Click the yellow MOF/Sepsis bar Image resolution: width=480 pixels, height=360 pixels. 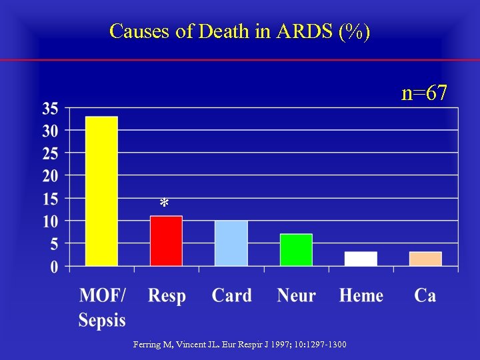(x=101, y=191)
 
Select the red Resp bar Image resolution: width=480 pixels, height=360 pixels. (x=166, y=241)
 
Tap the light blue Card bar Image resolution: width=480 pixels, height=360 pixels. (x=231, y=243)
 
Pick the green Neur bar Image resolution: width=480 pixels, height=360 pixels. (x=296, y=250)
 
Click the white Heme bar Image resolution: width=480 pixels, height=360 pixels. (x=361, y=259)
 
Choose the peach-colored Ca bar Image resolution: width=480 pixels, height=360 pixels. (x=425, y=259)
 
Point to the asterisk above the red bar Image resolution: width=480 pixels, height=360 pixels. (x=164, y=204)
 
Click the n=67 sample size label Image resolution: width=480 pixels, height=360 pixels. (x=424, y=93)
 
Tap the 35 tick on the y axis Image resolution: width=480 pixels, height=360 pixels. (x=51, y=108)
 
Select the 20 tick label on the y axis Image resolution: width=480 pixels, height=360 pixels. (x=51, y=176)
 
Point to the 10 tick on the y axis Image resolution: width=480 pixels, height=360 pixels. (x=51, y=221)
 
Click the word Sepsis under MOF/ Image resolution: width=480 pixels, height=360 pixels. (x=102, y=320)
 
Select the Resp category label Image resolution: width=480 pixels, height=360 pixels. (x=167, y=295)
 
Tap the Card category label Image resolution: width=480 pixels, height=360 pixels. (x=231, y=295)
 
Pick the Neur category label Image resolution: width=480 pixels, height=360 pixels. (x=296, y=295)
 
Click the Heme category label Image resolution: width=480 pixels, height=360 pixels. (x=361, y=295)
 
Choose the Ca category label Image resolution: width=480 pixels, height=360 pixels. (x=425, y=295)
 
